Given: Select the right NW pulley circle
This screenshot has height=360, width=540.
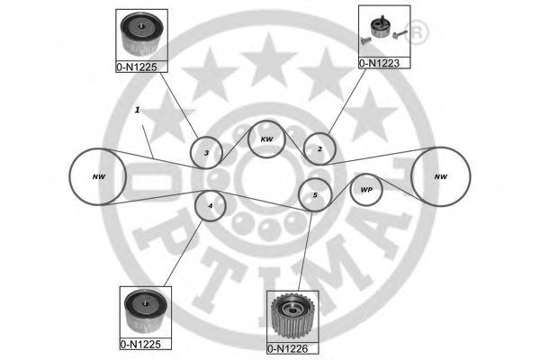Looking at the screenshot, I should coord(441,176).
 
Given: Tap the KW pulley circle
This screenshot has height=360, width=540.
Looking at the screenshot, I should coord(266,139).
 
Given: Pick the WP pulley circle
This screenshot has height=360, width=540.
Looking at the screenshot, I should coord(366,190).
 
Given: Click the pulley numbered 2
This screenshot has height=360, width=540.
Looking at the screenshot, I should coord(319,148).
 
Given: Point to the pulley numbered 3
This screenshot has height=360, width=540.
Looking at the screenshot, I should coord(206,153).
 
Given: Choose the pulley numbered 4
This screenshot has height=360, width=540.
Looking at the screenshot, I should coord(211,206).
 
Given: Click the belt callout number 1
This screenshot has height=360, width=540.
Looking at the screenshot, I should coord(136,110).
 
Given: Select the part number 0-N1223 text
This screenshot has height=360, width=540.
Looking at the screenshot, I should coord(384,63).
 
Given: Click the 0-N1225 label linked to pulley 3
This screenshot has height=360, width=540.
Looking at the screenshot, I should coord(142,67).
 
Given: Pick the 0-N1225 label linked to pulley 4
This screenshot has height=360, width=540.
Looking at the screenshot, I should coord(142,344).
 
